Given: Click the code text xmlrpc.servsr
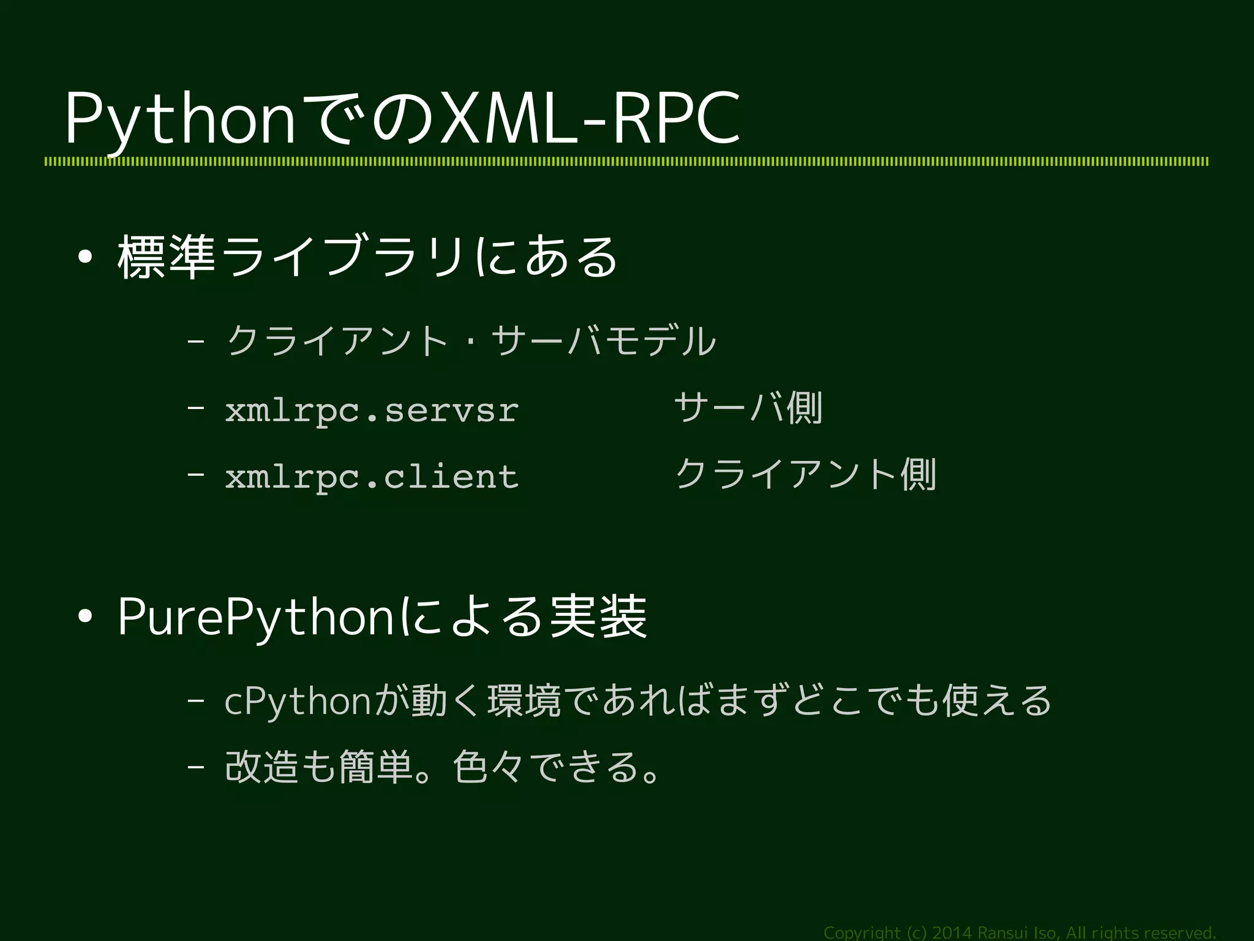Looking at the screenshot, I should click(x=372, y=410).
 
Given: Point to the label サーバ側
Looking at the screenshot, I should click(x=748, y=408).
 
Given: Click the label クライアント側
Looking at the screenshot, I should click(x=805, y=474).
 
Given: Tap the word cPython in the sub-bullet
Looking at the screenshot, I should click(x=297, y=702).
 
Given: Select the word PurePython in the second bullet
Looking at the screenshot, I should click(x=257, y=617).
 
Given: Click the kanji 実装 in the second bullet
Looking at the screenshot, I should click(x=598, y=617).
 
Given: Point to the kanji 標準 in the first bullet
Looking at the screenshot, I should click(x=166, y=257).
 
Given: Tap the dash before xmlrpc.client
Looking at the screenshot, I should click(x=196, y=474).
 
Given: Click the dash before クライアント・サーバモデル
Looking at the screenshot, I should click(x=196, y=341).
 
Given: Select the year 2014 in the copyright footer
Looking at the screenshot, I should click(x=951, y=933).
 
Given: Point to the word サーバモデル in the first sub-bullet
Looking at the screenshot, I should click(x=603, y=341).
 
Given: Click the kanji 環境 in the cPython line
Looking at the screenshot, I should click(x=524, y=702).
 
